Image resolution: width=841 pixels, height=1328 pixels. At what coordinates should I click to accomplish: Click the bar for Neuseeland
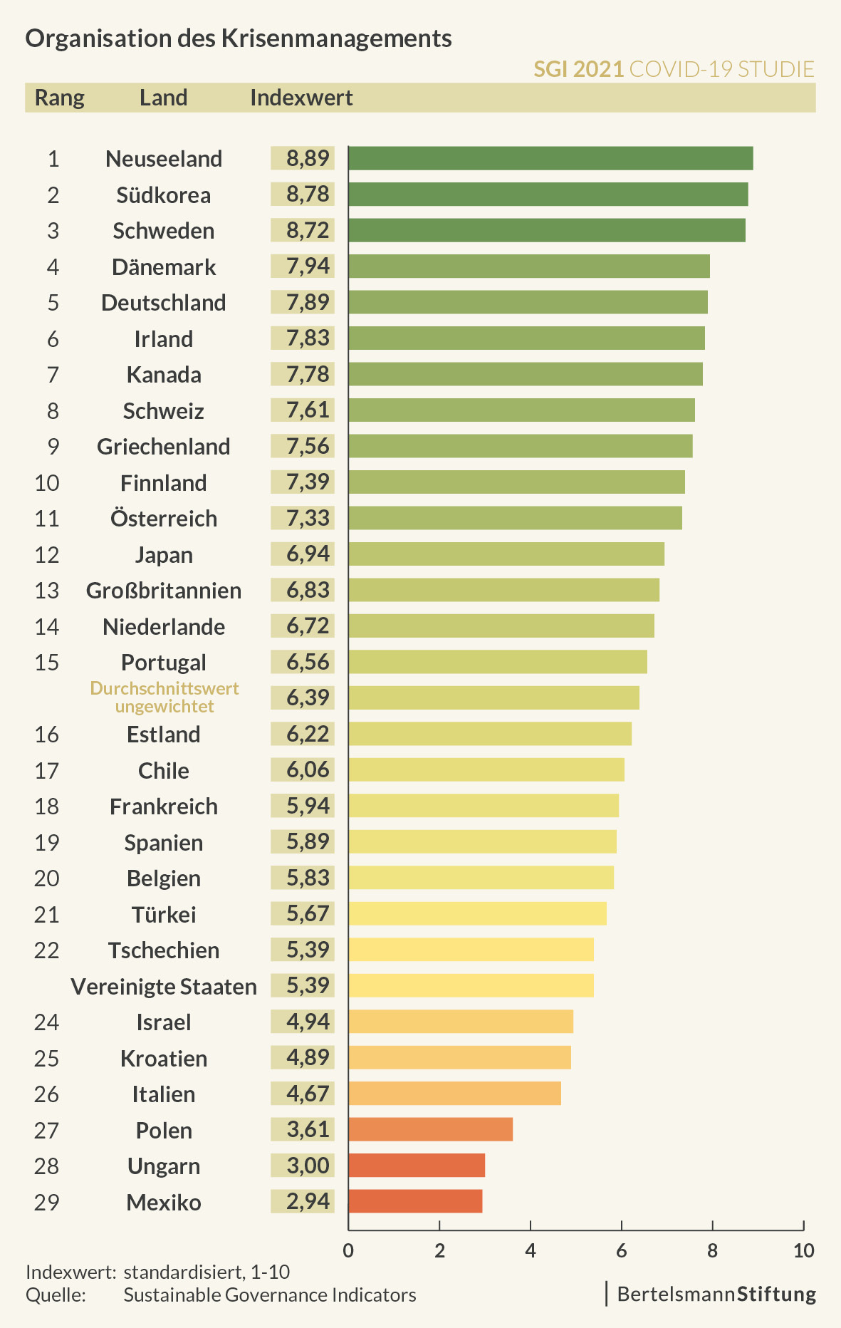click(550, 158)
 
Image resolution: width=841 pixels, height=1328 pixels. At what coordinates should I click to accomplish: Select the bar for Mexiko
click(415, 1201)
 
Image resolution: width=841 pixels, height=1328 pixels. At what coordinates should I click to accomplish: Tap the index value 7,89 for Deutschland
click(308, 302)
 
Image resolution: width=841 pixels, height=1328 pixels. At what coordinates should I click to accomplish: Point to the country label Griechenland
click(164, 447)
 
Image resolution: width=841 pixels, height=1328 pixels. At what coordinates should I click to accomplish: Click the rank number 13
click(47, 591)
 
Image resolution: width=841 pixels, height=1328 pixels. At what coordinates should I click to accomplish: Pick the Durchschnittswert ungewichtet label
click(164, 697)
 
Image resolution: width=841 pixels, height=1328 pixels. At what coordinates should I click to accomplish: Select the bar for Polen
click(430, 1129)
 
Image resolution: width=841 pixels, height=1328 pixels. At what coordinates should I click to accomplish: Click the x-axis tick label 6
click(621, 1250)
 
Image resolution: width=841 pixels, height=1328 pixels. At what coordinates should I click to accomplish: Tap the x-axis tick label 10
click(803, 1250)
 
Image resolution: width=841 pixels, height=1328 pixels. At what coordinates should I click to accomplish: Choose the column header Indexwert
click(301, 98)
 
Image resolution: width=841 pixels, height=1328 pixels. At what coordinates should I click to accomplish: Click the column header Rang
click(60, 98)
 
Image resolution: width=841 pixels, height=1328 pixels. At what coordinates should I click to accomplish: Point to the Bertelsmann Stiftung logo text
click(716, 1294)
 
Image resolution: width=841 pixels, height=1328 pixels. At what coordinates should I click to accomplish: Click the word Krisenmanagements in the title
click(337, 38)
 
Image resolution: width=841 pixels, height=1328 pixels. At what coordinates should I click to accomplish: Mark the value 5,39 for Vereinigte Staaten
click(308, 985)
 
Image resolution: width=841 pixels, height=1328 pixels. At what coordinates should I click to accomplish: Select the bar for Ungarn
click(417, 1166)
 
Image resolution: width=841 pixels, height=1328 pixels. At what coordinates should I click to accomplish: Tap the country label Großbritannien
click(164, 591)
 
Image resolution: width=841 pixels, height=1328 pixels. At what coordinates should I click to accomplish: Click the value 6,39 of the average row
click(308, 697)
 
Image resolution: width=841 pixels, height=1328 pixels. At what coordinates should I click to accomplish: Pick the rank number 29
click(47, 1202)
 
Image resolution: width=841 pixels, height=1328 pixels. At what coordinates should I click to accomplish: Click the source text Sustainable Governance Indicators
click(270, 1295)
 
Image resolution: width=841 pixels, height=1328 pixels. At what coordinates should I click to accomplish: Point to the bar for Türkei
click(477, 913)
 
